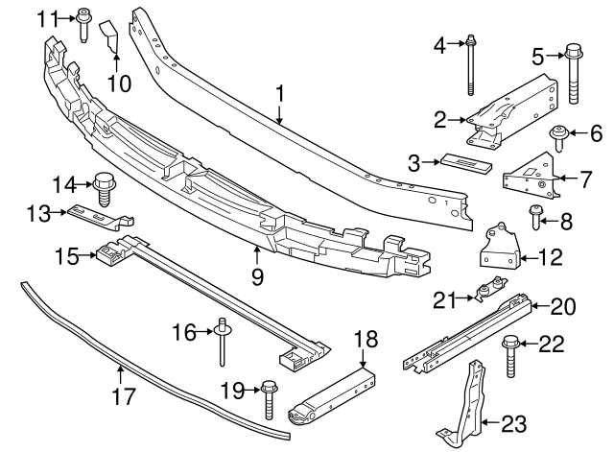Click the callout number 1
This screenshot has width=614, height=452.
(x=280, y=94)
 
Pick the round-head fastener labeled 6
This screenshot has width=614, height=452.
(x=555, y=136)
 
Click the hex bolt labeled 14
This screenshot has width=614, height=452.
(x=104, y=188)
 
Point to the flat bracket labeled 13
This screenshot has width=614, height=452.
(x=96, y=219)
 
